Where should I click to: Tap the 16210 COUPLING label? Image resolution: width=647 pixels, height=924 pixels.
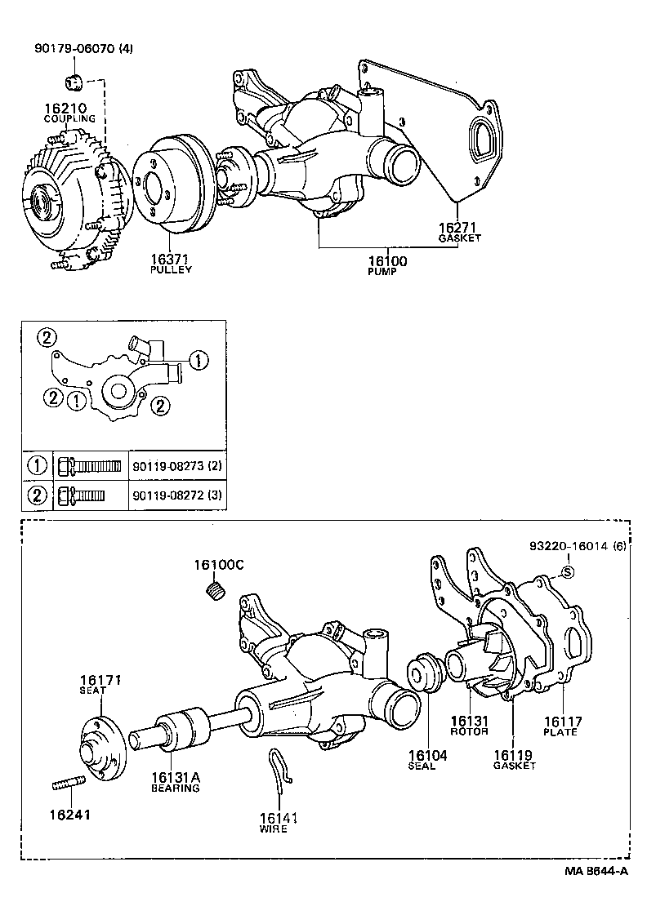click(69, 113)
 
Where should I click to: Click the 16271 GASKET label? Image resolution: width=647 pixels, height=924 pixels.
click(458, 232)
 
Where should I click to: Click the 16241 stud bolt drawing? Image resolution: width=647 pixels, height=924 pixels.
click(65, 786)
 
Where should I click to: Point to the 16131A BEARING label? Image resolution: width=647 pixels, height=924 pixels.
click(175, 782)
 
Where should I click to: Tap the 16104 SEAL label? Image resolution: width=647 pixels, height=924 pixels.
click(427, 761)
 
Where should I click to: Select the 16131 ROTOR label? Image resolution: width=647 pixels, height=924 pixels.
click(470, 726)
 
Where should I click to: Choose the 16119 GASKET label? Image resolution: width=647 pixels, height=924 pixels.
click(515, 760)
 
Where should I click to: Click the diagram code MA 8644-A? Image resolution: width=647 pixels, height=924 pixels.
click(596, 871)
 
